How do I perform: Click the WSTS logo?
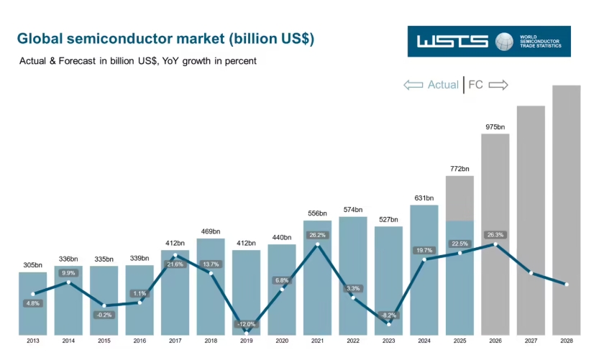click(x=488, y=42)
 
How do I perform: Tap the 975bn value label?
click(x=495, y=127)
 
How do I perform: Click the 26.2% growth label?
click(x=317, y=234)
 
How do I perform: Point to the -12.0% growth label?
click(x=247, y=324)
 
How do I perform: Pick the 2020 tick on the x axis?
click(x=282, y=341)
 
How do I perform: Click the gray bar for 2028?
click(x=566, y=180)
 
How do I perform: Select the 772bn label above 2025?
click(x=459, y=169)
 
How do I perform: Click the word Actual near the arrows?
click(x=443, y=85)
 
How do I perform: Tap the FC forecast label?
click(x=476, y=85)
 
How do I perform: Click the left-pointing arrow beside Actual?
click(x=413, y=85)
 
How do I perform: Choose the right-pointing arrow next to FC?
click(x=498, y=85)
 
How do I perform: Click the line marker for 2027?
click(x=531, y=273)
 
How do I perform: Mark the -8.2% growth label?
click(x=388, y=315)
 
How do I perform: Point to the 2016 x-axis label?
click(x=140, y=341)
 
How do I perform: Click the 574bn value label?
click(x=352, y=210)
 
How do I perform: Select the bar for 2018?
click(x=211, y=287)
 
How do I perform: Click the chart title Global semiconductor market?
click(x=165, y=38)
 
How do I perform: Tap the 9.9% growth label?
click(x=68, y=273)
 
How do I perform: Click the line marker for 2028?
click(x=566, y=285)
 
